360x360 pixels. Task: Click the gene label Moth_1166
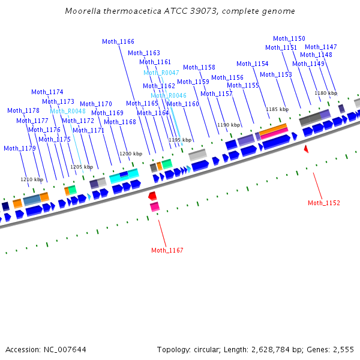(118, 41)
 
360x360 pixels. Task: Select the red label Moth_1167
(167, 250)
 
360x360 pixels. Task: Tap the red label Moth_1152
(324, 203)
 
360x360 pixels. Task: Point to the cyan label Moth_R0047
(161, 73)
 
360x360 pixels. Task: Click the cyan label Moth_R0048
(68, 111)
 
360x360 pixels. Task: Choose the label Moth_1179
(20, 148)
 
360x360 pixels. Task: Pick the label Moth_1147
(321, 47)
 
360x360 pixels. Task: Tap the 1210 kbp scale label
(32, 179)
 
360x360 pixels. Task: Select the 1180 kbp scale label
(326, 93)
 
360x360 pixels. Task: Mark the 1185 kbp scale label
(277, 109)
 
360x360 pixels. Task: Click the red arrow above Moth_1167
(152, 196)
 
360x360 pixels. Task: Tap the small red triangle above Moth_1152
(305, 148)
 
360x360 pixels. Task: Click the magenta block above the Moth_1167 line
(155, 207)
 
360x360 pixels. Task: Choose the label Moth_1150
(289, 38)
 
